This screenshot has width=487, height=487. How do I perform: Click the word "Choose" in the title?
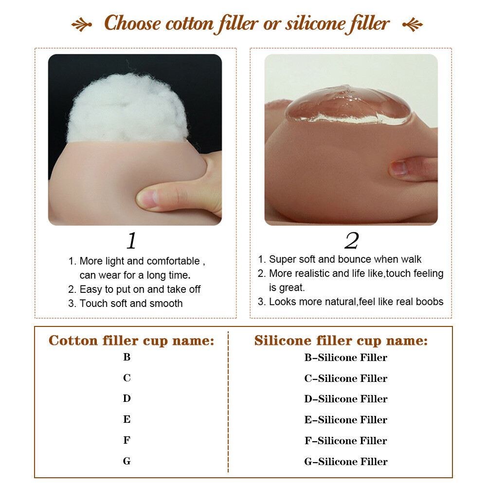point(132,23)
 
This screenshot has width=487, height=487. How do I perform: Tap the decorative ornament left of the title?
point(82,24)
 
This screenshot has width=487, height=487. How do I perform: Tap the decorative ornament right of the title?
point(413,24)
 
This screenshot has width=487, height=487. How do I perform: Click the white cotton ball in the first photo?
point(127,108)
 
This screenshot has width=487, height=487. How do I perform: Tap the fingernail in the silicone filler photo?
point(399,169)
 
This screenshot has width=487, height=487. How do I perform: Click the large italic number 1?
point(132,241)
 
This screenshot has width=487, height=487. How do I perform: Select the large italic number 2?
point(352,241)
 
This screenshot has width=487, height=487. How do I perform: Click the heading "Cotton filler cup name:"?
point(131,341)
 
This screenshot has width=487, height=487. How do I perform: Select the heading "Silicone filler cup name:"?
point(341,341)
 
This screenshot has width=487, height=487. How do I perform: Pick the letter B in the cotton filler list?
point(126,357)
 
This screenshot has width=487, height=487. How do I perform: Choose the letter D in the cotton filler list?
point(126,398)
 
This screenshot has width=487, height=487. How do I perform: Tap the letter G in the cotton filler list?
point(126,461)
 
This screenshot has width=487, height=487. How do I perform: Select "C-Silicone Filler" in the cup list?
point(346,379)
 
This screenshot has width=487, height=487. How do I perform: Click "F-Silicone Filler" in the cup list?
point(346,441)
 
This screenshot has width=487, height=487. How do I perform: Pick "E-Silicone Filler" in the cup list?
point(346,420)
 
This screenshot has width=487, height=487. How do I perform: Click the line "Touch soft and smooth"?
point(126,304)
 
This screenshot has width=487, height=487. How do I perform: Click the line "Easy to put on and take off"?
point(134,289)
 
